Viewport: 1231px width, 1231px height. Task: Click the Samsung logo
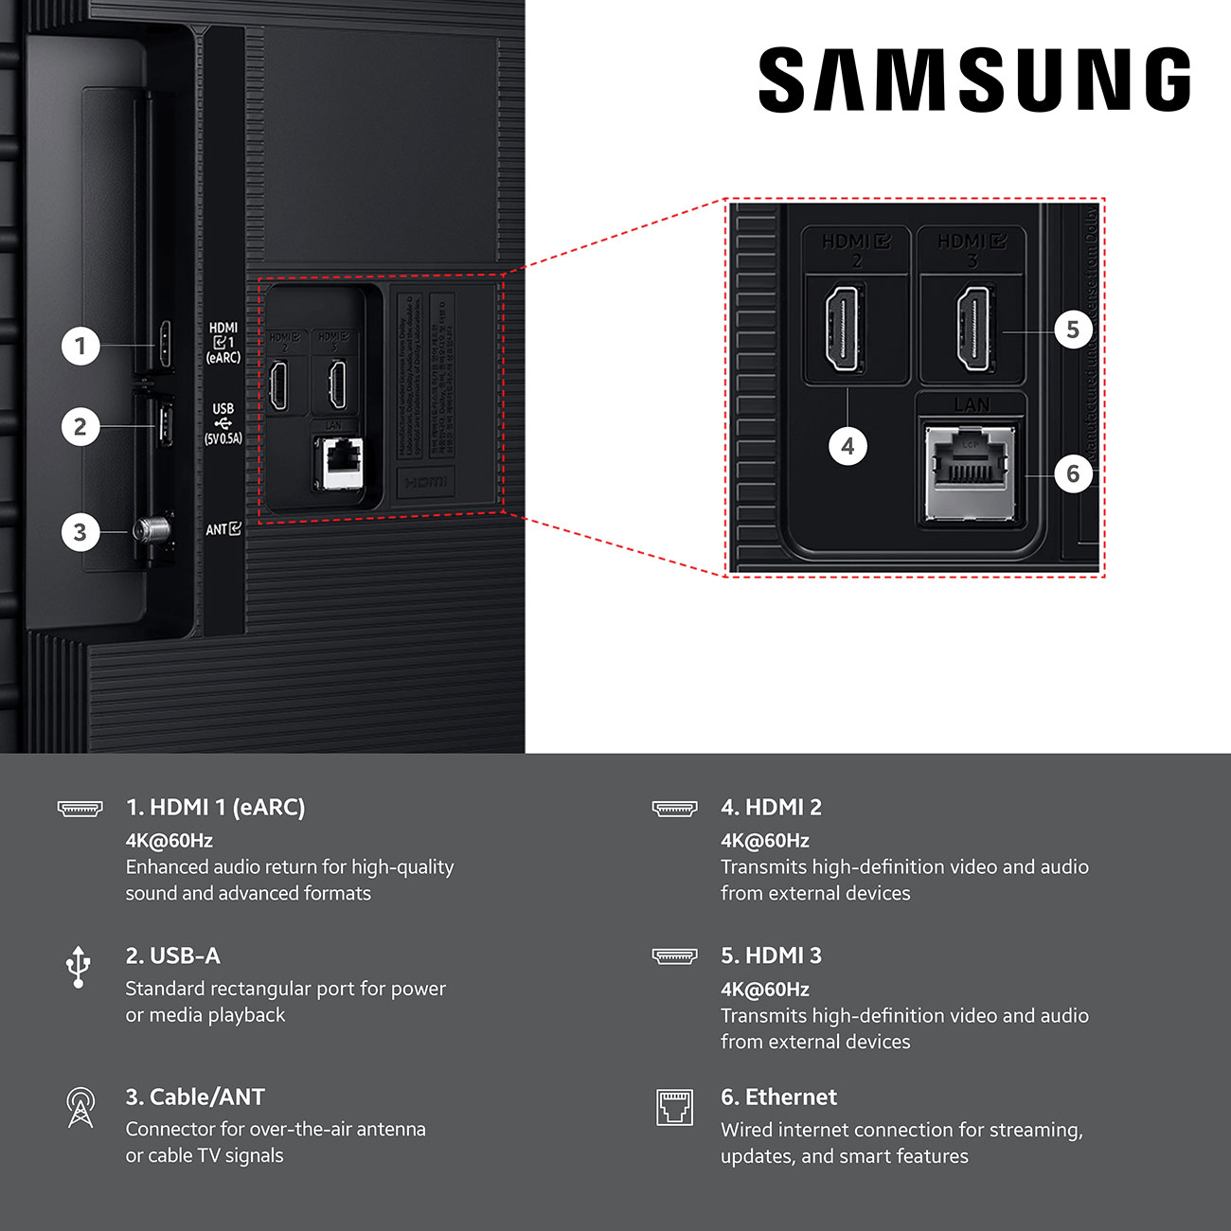pos(974,80)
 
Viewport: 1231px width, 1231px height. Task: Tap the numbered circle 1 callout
pos(80,346)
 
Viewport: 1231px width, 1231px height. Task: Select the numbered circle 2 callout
pos(80,427)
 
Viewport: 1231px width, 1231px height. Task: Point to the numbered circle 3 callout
pos(80,532)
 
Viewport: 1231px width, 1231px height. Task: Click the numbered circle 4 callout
pos(847,446)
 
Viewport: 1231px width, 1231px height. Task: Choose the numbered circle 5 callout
pos(1073,330)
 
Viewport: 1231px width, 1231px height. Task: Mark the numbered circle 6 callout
pos(1073,473)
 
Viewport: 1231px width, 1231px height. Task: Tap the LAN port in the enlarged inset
pos(971,471)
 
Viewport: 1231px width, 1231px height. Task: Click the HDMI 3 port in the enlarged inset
pos(974,330)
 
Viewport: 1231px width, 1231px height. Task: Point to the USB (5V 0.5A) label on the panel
pos(223,423)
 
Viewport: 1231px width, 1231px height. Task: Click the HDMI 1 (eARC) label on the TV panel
pos(224,343)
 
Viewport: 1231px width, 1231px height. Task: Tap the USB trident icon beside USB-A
pos(79,966)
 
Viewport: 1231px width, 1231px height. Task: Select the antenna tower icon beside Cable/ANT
pos(80,1107)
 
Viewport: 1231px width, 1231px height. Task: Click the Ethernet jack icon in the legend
pos(674,1107)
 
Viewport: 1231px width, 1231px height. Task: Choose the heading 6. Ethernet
pos(778,1097)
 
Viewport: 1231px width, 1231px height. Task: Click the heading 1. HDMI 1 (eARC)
pos(215,807)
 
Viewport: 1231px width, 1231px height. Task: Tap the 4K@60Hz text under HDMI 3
pos(764,989)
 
